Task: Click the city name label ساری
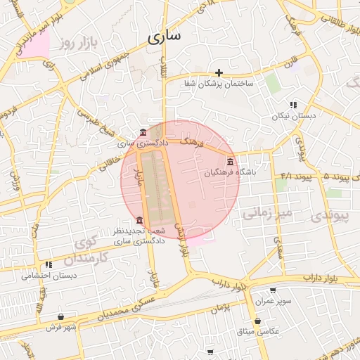[x=165, y=35]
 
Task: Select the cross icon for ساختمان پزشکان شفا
[x=219, y=72]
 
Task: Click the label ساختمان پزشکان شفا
[x=219, y=84]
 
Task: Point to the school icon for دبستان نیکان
[x=293, y=105]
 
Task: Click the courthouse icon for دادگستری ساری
[x=143, y=133]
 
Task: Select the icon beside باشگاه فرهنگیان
[x=230, y=162]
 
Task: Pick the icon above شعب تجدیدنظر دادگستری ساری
[x=139, y=220]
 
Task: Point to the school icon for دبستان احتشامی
[x=49, y=265]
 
